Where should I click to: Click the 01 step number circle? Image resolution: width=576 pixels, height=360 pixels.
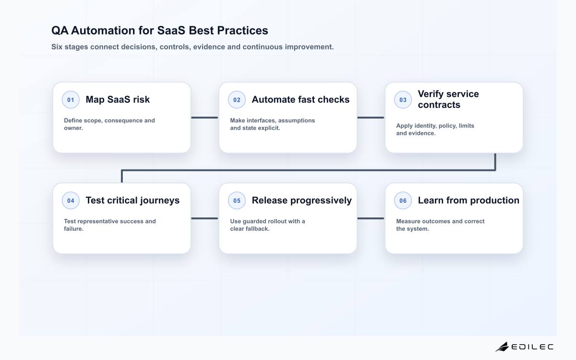71,100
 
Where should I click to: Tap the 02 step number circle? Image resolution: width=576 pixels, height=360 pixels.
237,100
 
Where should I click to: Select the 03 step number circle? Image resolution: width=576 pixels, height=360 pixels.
403,100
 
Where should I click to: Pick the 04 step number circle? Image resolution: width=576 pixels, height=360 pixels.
71,201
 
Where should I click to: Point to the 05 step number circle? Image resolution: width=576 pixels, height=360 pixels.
237,201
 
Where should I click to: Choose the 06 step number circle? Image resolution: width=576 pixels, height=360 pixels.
403,201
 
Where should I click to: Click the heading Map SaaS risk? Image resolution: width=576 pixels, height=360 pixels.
118,99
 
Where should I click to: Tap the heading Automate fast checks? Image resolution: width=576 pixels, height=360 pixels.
300,99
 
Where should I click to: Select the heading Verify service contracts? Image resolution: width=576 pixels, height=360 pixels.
448,99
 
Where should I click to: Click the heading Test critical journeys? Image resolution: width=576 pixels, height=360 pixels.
132,200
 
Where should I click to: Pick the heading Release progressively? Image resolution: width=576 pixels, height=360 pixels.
301,200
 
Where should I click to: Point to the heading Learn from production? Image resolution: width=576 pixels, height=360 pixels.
468,200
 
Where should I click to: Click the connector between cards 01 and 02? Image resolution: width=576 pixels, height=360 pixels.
204,118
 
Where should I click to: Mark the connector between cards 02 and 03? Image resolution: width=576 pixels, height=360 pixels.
371,118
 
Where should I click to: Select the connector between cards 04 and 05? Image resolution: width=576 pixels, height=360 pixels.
204,218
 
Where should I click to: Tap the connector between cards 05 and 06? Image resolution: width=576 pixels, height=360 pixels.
371,218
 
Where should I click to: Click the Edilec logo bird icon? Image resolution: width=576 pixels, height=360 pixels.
502,347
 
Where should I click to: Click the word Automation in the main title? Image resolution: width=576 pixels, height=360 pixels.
103,30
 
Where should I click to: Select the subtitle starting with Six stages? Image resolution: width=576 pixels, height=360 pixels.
192,47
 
